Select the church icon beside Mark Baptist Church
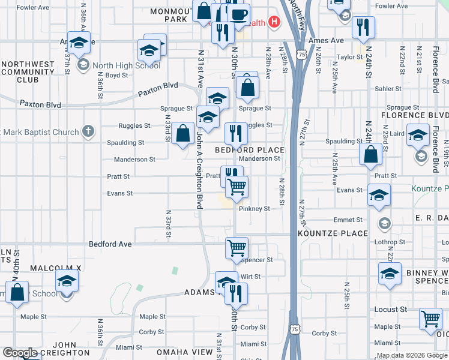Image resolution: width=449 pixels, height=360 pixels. click(88, 131)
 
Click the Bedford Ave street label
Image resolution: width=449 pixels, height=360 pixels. click(110, 244)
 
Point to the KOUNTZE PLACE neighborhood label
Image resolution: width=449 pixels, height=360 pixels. click(333, 233)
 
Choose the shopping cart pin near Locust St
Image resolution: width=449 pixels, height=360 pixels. click(430, 319)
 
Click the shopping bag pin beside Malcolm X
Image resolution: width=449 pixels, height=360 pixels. click(18, 293)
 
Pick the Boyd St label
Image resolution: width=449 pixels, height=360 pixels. click(117, 76)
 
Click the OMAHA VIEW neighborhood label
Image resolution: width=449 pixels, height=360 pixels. click(185, 352)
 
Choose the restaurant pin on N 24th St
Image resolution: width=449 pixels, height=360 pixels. click(363, 27)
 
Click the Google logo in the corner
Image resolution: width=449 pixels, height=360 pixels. click(20, 353)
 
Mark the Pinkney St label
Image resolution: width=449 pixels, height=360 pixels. click(255, 209)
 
